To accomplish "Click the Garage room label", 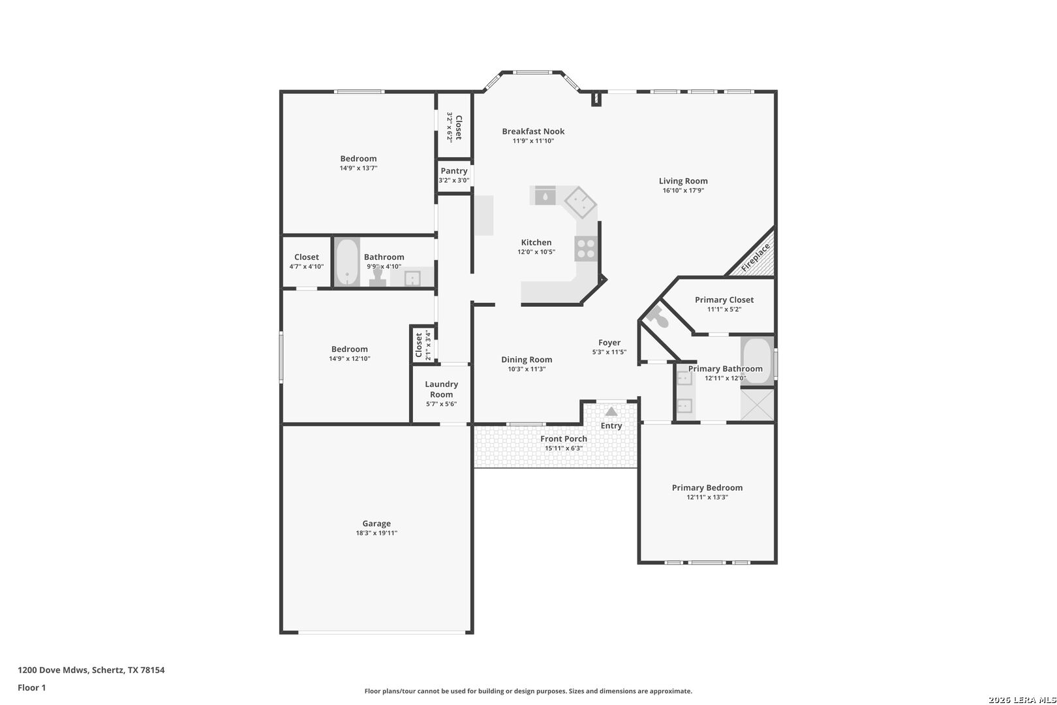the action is click(x=376, y=524).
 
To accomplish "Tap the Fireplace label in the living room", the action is click(x=756, y=257).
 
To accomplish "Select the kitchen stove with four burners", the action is click(x=586, y=249).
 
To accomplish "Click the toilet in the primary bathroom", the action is click(x=658, y=317).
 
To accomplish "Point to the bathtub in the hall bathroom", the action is click(x=347, y=262).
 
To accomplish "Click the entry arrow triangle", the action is click(x=611, y=411).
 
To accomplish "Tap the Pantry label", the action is click(x=454, y=171).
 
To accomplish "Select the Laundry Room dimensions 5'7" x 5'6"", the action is click(x=441, y=404).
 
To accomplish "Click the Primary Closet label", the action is click(x=724, y=300).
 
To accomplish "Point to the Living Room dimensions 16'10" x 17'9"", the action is click(x=683, y=191).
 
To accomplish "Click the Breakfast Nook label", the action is click(x=533, y=131).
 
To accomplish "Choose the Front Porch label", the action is click(x=564, y=439).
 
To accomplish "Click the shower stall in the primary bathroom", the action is click(x=758, y=405).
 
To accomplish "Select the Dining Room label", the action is click(x=527, y=359).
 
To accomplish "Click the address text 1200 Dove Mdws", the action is click(x=53, y=670).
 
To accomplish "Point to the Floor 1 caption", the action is click(x=31, y=687).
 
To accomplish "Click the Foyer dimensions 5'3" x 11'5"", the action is click(x=609, y=352).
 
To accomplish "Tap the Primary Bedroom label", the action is click(x=707, y=488).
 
